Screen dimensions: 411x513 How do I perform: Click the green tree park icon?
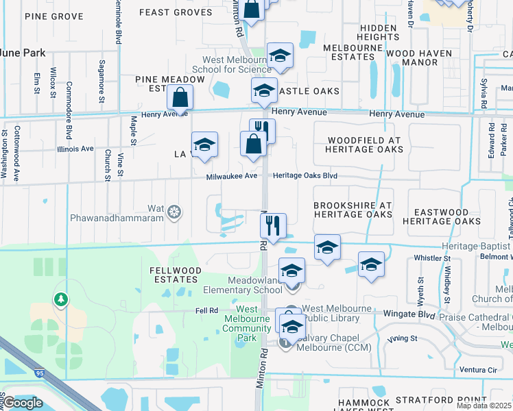[62, 299]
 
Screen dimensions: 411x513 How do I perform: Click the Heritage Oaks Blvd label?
[305, 176]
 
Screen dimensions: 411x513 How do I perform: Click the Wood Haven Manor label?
[419, 58]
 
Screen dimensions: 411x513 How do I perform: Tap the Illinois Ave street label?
[75, 149]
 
